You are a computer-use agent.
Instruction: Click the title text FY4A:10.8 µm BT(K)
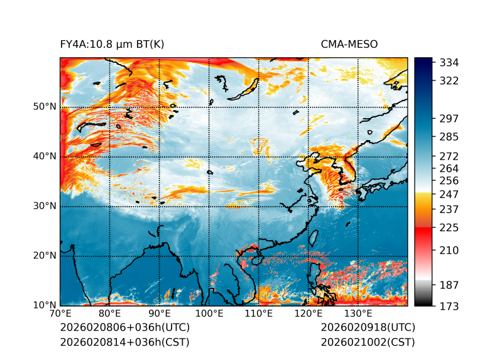point(112,45)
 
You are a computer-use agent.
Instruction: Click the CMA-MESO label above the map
point(349,45)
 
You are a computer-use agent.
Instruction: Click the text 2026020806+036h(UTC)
point(124,328)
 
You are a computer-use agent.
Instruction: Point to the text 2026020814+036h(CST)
point(124,342)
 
